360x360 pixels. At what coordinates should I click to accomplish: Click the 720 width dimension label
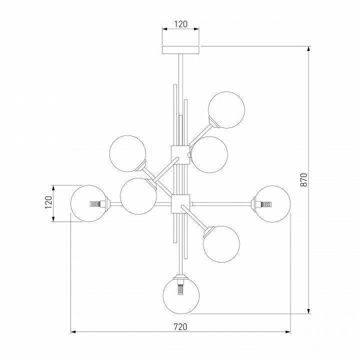[180, 326]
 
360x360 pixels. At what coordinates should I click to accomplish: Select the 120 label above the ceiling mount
[180, 24]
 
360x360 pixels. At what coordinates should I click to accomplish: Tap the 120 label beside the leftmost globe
[49, 202]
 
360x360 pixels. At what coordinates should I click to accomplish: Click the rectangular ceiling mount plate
[180, 50]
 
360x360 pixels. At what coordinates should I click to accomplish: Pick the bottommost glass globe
[181, 295]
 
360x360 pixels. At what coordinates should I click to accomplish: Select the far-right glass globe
[272, 204]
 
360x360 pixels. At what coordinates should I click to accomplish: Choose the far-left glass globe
[89, 203]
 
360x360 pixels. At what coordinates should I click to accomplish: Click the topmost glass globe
[226, 109]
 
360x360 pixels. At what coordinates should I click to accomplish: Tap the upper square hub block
[180, 154]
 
